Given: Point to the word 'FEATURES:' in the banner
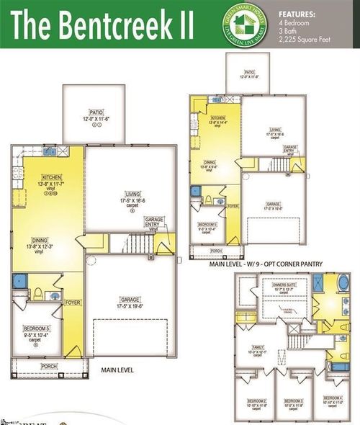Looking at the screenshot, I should pyautogui.click(x=297, y=14).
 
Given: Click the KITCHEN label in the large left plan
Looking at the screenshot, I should pyautogui.click(x=50, y=177).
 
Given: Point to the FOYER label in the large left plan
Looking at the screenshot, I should pyautogui.click(x=73, y=303).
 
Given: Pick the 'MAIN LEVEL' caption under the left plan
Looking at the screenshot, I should pyautogui.click(x=118, y=370).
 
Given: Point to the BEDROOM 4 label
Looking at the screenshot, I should pyautogui.click(x=332, y=398).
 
